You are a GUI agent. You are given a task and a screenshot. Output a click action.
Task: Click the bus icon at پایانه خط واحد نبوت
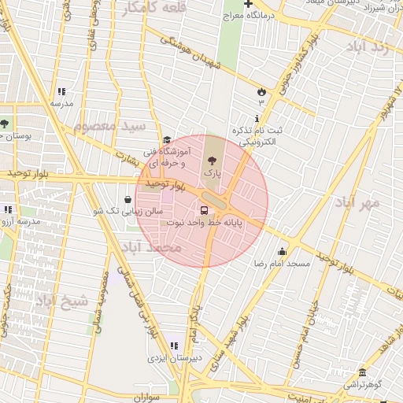tap(205, 210)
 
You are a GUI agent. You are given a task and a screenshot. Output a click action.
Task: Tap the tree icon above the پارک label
tap(210, 161)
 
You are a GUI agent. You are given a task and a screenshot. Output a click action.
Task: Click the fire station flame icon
tap(261, 91)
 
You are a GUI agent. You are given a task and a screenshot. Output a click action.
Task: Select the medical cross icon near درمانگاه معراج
tap(248, 4)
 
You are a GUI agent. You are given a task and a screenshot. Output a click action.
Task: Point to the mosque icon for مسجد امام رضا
tap(281, 252)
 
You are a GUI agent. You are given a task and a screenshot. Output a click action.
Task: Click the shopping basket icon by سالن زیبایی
tap(128, 199)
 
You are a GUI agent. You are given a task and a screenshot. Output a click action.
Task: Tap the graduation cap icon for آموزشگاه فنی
tap(167, 139)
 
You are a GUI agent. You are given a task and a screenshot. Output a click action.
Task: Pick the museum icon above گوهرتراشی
tap(361, 372)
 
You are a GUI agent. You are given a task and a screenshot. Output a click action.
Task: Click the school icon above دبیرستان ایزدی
tap(174, 346)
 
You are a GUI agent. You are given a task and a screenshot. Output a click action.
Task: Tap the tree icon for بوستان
tap(5, 124)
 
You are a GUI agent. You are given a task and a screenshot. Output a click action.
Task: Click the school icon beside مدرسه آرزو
tap(8, 210)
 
